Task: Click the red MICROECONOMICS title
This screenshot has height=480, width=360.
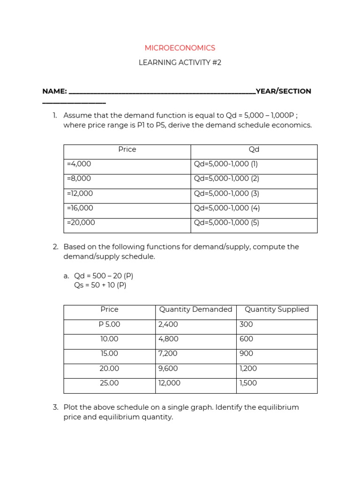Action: pos(180,48)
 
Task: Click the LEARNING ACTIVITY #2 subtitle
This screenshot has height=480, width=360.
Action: pos(180,63)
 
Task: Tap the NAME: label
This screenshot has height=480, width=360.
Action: pos(54,91)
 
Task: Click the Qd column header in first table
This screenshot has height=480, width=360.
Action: pos(254,150)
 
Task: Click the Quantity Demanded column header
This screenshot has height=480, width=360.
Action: pos(195,309)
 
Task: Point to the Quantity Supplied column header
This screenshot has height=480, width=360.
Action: pos(277,309)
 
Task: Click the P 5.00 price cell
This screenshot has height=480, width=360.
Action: pos(109,324)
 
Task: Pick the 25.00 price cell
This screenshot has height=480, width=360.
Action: pos(109,383)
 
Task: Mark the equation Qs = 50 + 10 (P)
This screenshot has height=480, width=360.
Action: pos(100,285)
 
